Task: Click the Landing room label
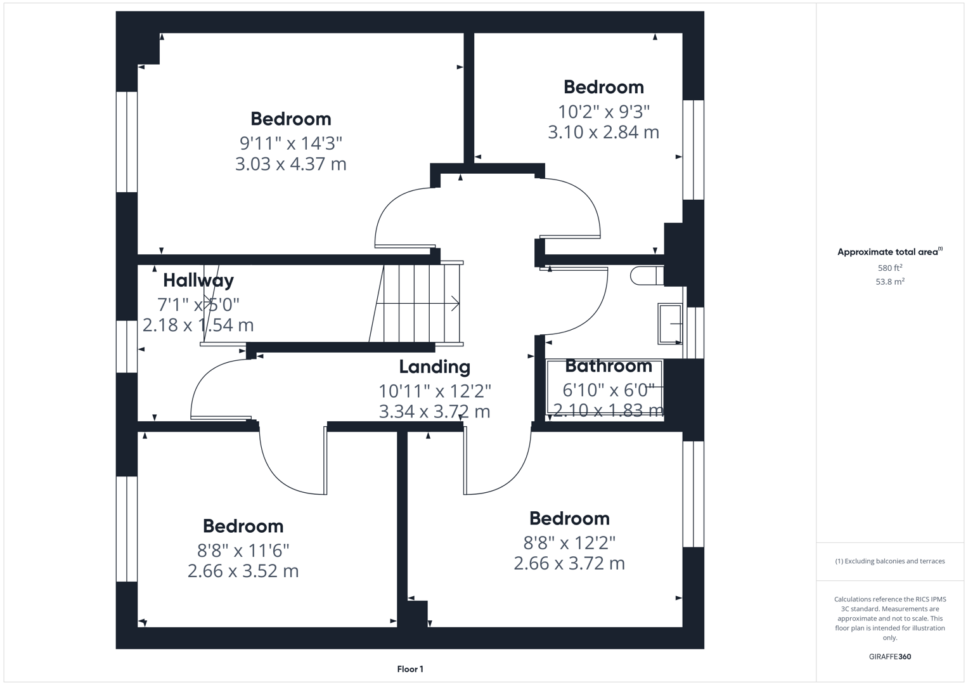coord(434,367)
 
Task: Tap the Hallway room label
coord(198,280)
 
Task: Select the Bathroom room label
coord(608,366)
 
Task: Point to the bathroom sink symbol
coord(670,324)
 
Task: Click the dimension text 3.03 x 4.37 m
coord(290,164)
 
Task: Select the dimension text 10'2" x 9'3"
coord(603,112)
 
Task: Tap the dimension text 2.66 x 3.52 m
coord(243,571)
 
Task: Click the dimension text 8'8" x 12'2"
coord(569,543)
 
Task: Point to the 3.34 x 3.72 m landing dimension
coord(434,412)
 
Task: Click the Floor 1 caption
coord(410,669)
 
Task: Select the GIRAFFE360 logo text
coord(889,656)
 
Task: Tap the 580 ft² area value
coord(889,268)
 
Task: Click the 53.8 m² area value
coord(889,282)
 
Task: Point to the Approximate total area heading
coord(889,252)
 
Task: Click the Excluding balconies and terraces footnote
coord(889,561)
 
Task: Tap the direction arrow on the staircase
coord(455,304)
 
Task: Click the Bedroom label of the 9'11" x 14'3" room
coord(290,119)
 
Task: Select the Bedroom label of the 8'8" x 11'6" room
coord(243,526)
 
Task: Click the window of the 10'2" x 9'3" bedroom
coord(693,150)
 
